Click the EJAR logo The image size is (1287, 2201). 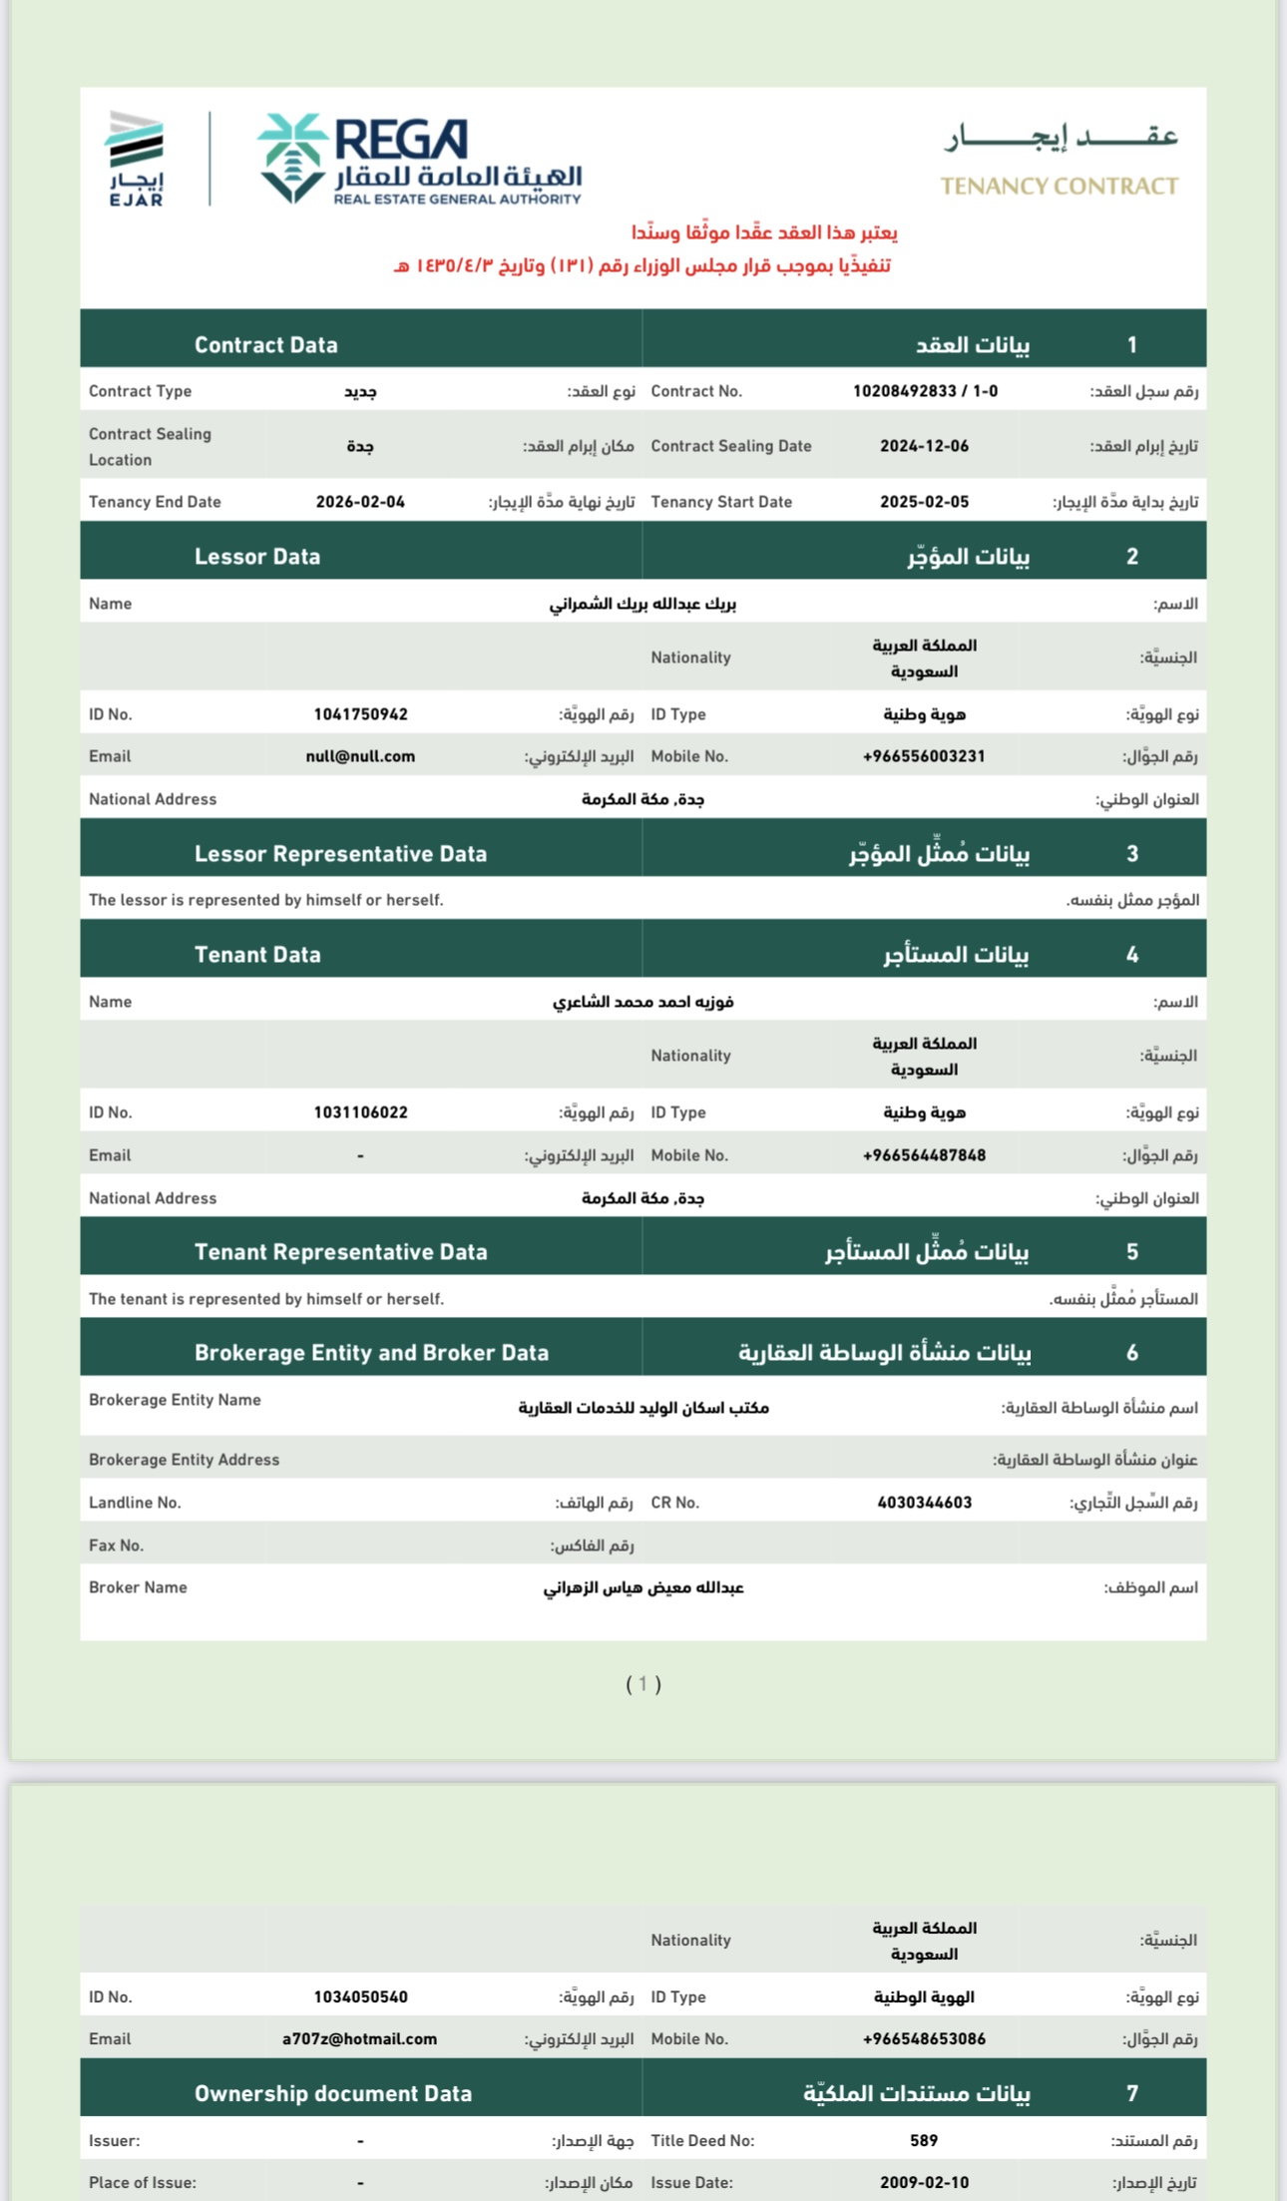point(136,159)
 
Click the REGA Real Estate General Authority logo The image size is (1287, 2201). point(420,160)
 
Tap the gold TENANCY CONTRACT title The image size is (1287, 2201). point(1059,187)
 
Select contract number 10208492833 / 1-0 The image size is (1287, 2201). point(925,391)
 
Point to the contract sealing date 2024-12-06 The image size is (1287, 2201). point(924,446)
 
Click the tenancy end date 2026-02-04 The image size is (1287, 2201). point(360,502)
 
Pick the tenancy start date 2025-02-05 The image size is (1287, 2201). point(924,502)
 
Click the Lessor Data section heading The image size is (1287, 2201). point(257,557)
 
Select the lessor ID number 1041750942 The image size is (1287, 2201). point(360,714)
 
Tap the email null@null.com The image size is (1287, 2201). point(360,756)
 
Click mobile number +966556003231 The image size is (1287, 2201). point(924,756)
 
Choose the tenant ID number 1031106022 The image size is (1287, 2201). point(360,1112)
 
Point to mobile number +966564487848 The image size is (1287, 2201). point(924,1155)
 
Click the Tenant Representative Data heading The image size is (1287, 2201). point(340,1252)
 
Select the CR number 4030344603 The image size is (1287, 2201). point(924,1503)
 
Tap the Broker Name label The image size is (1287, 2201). point(138,1587)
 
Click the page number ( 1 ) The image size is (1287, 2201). point(643,1684)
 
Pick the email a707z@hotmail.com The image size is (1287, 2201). point(359,2039)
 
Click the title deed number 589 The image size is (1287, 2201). point(924,2140)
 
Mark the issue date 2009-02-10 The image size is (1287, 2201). point(924,2182)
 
